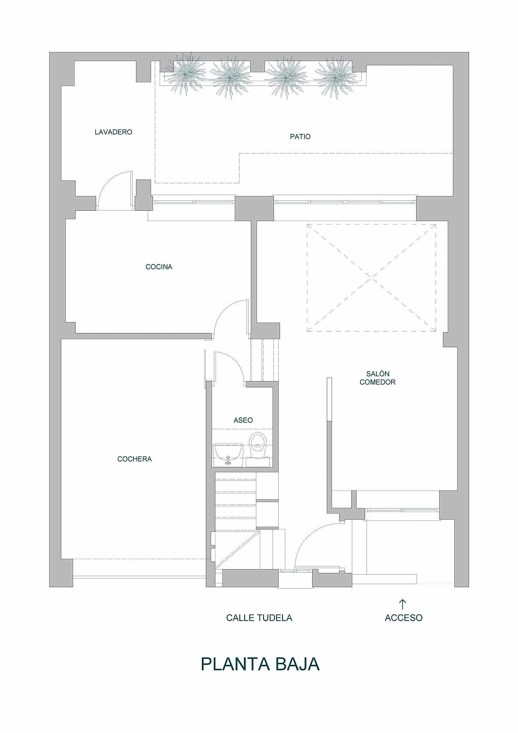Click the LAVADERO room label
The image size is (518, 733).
113,132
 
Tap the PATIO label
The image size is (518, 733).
300,137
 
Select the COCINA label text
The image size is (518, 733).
159,267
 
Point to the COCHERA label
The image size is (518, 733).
135,459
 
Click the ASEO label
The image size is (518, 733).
243,420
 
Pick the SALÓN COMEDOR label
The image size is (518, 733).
377,378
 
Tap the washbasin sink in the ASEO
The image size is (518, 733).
228,455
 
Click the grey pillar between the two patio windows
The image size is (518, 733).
254,208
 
